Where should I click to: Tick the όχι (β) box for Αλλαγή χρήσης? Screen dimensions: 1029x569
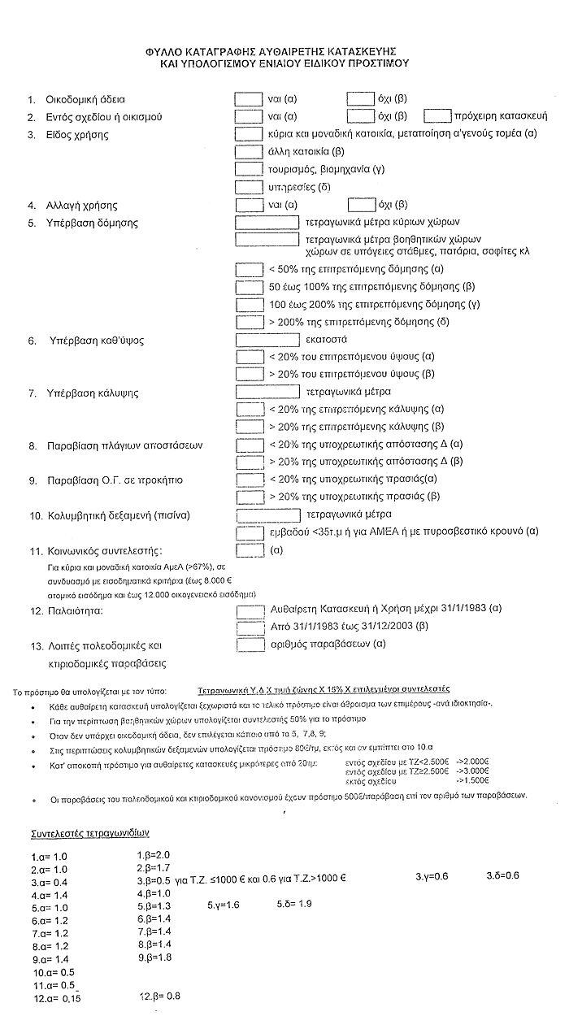(360, 205)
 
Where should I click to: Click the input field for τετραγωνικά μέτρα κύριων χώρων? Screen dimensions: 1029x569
(267, 222)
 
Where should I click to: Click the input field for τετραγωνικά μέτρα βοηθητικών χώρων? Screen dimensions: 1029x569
(267, 240)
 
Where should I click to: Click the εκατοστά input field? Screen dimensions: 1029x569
(267, 339)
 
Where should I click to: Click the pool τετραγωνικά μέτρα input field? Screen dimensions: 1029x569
(267, 514)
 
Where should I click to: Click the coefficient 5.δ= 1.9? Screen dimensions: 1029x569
(294, 904)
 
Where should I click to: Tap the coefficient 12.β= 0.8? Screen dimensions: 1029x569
(161, 996)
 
